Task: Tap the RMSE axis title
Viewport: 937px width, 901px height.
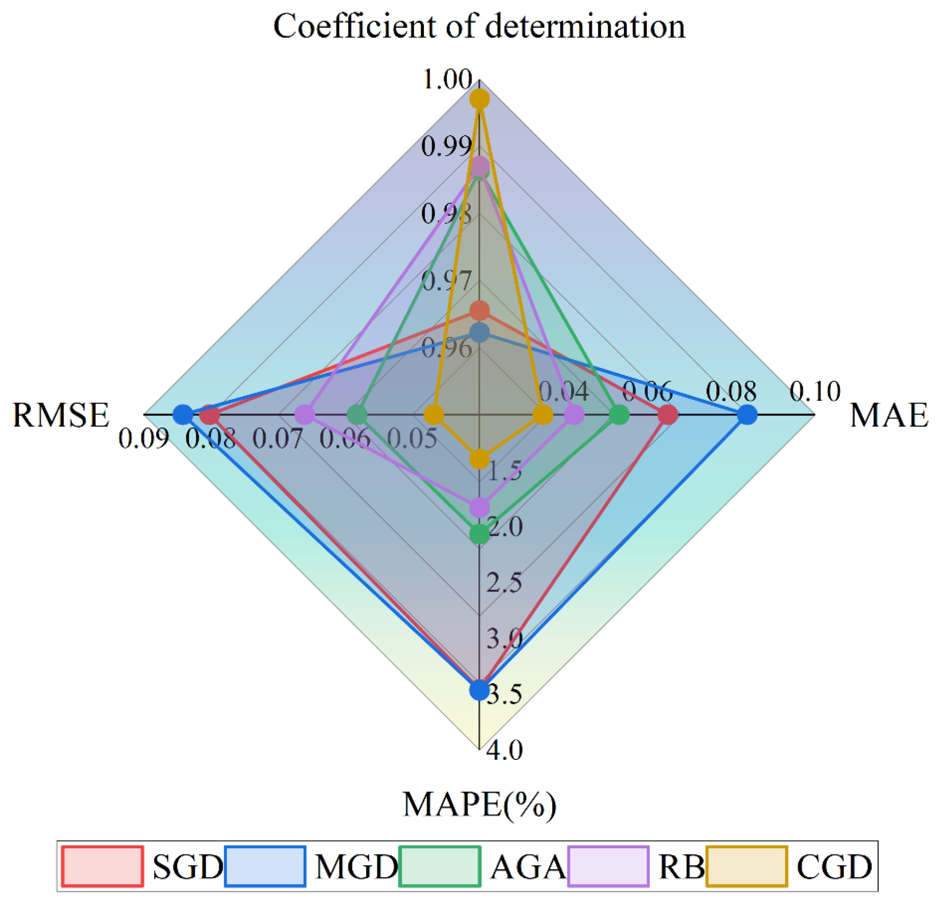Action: tap(61, 415)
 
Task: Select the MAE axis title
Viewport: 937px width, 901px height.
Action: tap(889, 415)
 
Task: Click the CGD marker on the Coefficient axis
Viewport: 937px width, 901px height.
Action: tap(479, 99)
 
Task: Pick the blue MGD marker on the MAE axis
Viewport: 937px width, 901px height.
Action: tap(747, 415)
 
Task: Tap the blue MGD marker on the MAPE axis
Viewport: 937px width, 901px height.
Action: tap(479, 690)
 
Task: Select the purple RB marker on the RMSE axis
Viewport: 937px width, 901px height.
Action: tap(305, 415)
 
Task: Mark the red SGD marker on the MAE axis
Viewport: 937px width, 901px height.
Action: tap(667, 415)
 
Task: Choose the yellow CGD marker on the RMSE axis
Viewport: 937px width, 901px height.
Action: tap(433, 415)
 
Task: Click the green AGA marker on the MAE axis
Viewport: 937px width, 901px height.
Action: tap(619, 415)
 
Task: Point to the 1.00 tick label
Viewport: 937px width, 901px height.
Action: tap(447, 79)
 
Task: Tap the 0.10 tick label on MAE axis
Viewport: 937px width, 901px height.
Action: tap(814, 391)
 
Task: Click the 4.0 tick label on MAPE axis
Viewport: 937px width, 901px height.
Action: tap(504, 750)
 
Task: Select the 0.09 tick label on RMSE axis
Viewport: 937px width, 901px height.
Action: tap(144, 438)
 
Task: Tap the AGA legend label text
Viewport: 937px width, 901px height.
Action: tap(528, 867)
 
